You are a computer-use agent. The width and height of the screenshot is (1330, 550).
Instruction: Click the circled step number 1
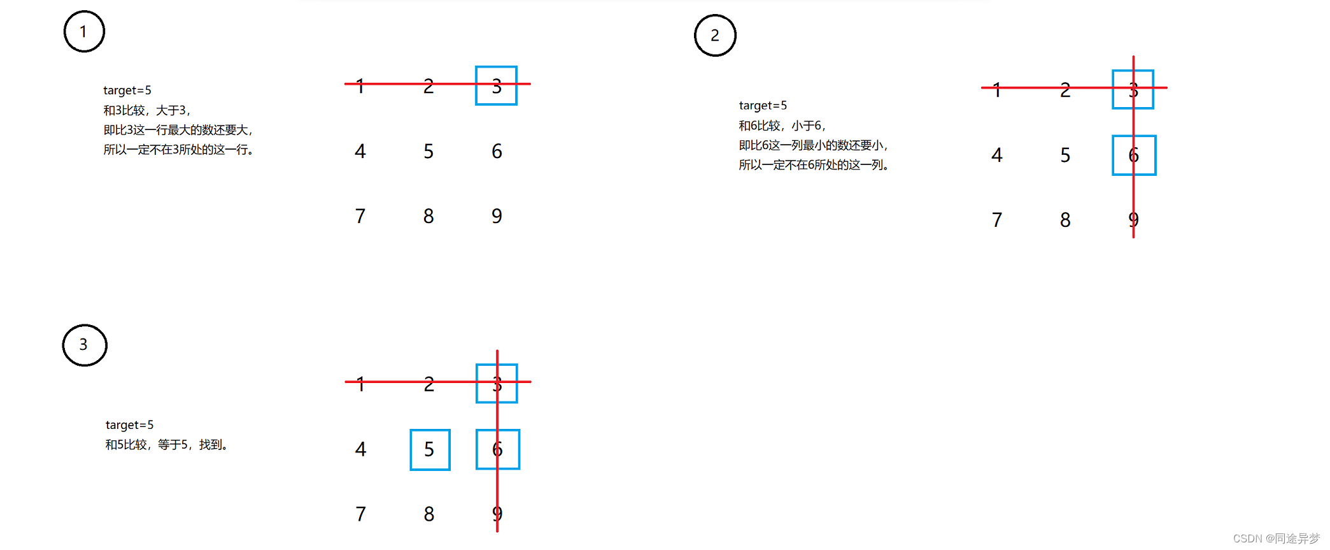(x=84, y=31)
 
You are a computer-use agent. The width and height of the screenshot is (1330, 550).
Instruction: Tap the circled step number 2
(x=715, y=36)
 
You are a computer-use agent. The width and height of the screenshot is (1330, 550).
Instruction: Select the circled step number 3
(x=84, y=345)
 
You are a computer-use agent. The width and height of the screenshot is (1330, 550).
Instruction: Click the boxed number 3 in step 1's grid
(x=496, y=85)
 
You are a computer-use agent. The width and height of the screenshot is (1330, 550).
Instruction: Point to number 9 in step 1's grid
(x=497, y=216)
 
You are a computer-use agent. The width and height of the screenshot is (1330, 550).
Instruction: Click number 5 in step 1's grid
(x=428, y=152)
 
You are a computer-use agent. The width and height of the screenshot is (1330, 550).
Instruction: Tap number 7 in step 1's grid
(x=360, y=216)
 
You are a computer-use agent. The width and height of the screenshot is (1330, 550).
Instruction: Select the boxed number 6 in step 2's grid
(x=1134, y=155)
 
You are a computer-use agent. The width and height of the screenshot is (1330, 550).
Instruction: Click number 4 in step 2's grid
(x=997, y=155)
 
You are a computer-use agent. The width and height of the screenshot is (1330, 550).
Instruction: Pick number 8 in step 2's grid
(x=1065, y=220)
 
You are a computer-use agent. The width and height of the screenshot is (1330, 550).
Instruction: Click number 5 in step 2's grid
(x=1065, y=155)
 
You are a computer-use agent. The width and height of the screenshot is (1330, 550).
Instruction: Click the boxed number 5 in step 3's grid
(x=430, y=449)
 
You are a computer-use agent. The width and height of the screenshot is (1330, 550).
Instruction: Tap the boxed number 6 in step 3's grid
(x=498, y=449)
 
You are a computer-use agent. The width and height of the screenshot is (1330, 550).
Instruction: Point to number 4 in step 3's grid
(x=360, y=449)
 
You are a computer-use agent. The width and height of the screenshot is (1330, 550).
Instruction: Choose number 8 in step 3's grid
(x=429, y=514)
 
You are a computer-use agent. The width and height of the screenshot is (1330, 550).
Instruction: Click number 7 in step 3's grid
(x=360, y=514)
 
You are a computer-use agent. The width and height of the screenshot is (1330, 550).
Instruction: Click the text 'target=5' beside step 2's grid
(x=763, y=105)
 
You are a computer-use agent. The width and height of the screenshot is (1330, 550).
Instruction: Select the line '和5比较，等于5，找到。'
(x=166, y=444)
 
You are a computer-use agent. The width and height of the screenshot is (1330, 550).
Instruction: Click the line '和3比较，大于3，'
(x=147, y=110)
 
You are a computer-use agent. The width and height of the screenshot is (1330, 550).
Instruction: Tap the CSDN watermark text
(x=1276, y=539)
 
